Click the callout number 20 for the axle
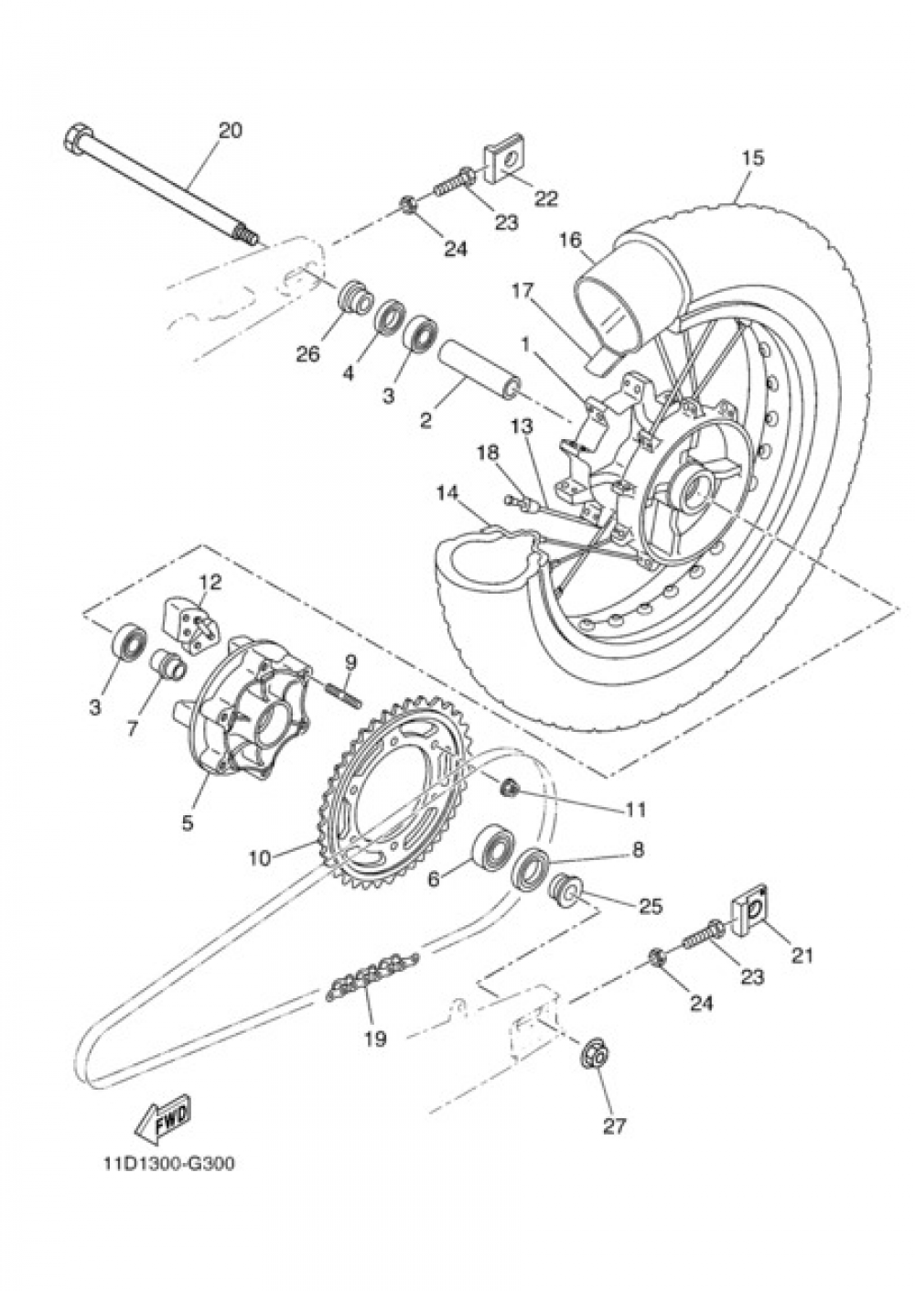[x=230, y=131]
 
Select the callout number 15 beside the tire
[x=752, y=157]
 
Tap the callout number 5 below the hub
[x=188, y=823]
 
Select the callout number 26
[x=307, y=354]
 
